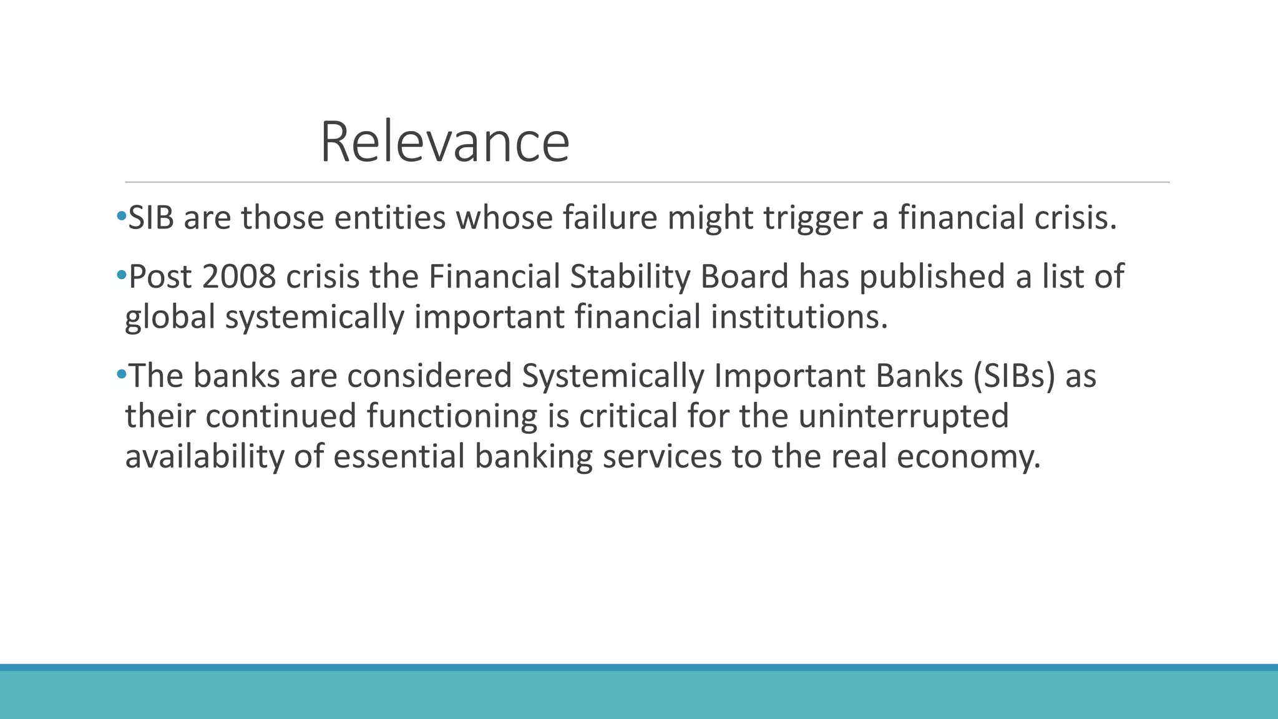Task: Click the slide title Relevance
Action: click(444, 142)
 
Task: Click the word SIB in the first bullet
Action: click(150, 218)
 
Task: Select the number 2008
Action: click(239, 276)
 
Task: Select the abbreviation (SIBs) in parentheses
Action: click(1013, 376)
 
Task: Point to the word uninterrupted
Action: click(903, 416)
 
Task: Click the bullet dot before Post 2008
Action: click(121, 275)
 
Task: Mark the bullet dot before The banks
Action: click(121, 374)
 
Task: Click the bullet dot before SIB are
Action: click(121, 217)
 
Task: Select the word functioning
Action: click(452, 416)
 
